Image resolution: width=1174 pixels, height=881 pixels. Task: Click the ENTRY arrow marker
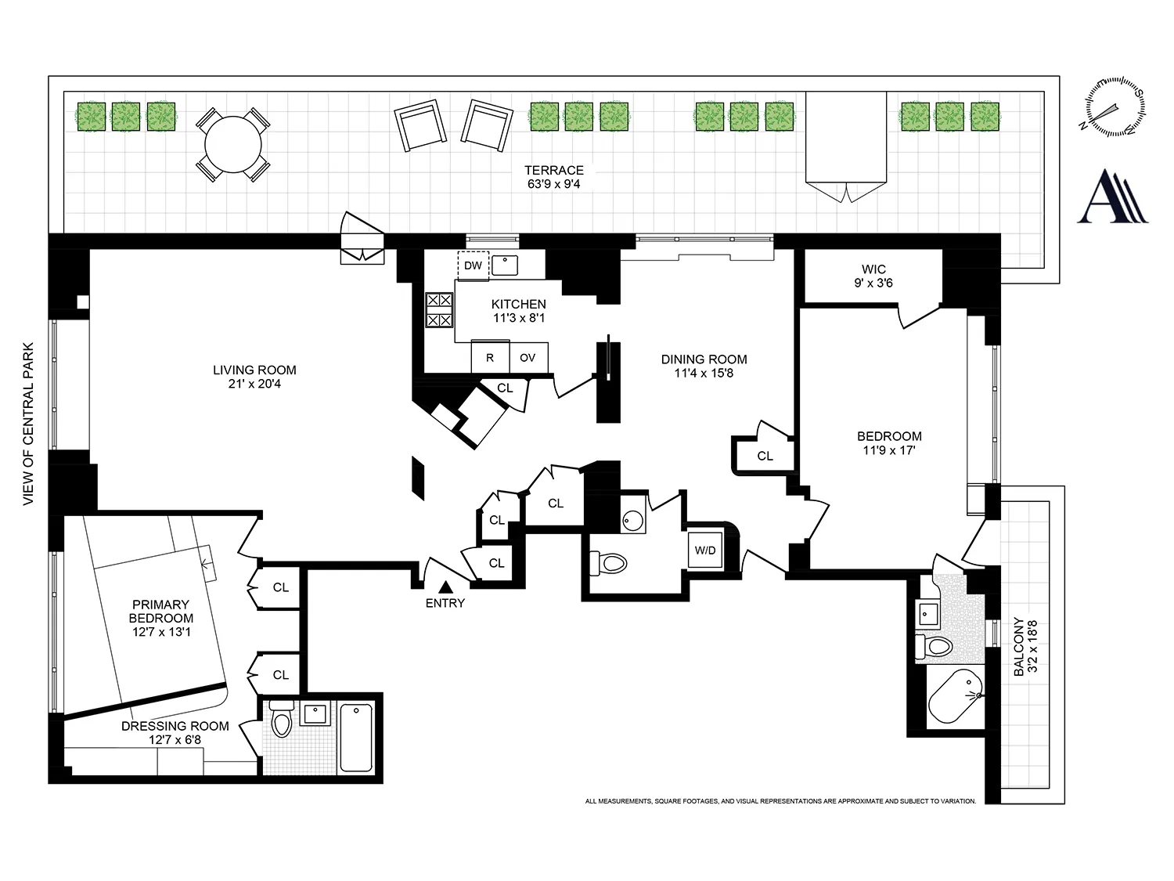coord(445,586)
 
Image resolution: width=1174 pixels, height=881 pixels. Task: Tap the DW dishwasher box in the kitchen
coord(473,265)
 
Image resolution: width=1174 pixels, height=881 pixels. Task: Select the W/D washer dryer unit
coord(705,551)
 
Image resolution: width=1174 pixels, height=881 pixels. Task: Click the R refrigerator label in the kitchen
coord(490,358)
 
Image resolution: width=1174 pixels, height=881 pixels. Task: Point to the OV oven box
coord(528,358)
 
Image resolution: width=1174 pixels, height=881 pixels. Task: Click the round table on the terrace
coord(232,145)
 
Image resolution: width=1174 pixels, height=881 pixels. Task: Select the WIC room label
coord(873,269)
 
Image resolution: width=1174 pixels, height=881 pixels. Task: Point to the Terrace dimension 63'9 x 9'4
coord(553,184)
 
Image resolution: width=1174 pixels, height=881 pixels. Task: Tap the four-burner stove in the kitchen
coord(439,309)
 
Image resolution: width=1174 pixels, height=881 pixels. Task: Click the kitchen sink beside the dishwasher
coord(506,265)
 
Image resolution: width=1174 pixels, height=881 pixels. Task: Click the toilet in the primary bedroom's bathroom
coord(281,720)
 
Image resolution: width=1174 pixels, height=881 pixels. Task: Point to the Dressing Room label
coord(175,726)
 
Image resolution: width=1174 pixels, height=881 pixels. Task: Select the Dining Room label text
coord(704,359)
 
